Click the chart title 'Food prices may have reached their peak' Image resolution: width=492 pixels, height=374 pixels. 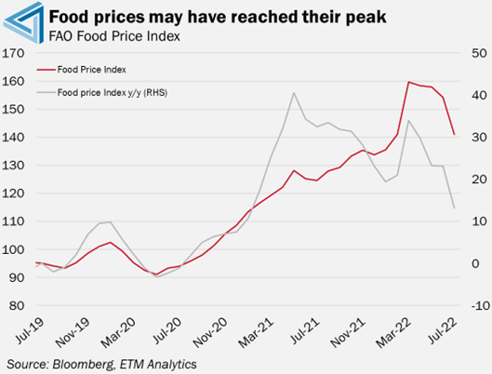(x=218, y=17)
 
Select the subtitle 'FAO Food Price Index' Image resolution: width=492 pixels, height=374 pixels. (x=114, y=36)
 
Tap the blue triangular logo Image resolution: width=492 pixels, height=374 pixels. (x=23, y=22)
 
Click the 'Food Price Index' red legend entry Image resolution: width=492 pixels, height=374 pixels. (x=82, y=70)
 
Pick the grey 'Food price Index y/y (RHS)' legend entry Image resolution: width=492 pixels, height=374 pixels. (x=102, y=92)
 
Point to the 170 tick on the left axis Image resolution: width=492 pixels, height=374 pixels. (x=14, y=53)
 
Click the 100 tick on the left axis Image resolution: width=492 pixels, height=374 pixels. (x=14, y=249)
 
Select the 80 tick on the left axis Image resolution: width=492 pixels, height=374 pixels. (x=17, y=305)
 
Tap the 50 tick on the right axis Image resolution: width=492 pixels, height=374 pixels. (x=479, y=53)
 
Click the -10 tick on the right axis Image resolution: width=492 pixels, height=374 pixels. (x=481, y=305)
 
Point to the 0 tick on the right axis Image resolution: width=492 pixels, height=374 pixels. (x=475, y=263)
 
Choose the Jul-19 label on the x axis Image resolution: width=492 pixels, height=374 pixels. (x=30, y=330)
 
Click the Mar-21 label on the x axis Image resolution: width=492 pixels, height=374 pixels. (x=256, y=332)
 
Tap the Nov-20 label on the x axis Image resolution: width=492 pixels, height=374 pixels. (x=210, y=333)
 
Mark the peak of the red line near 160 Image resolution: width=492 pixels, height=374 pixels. (x=408, y=82)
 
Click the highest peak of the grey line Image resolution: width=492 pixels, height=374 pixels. (x=294, y=93)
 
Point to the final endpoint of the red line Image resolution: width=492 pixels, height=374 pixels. (x=455, y=135)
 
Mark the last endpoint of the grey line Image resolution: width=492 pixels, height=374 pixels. (x=455, y=207)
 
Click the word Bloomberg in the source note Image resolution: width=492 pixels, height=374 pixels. (x=83, y=365)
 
